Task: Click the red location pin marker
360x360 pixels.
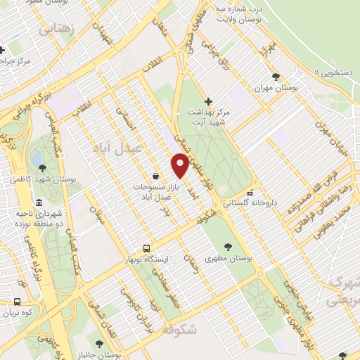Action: (x=180, y=165)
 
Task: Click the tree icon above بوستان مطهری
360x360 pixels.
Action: (x=228, y=246)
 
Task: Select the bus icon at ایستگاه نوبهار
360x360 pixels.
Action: (x=146, y=248)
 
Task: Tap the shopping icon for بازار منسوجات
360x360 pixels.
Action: (x=155, y=176)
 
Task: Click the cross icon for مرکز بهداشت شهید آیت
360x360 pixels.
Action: (x=208, y=101)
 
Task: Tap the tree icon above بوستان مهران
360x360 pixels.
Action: (x=276, y=77)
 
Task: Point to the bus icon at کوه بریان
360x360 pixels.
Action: (x=17, y=302)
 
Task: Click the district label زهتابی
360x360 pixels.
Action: (x=56, y=29)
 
